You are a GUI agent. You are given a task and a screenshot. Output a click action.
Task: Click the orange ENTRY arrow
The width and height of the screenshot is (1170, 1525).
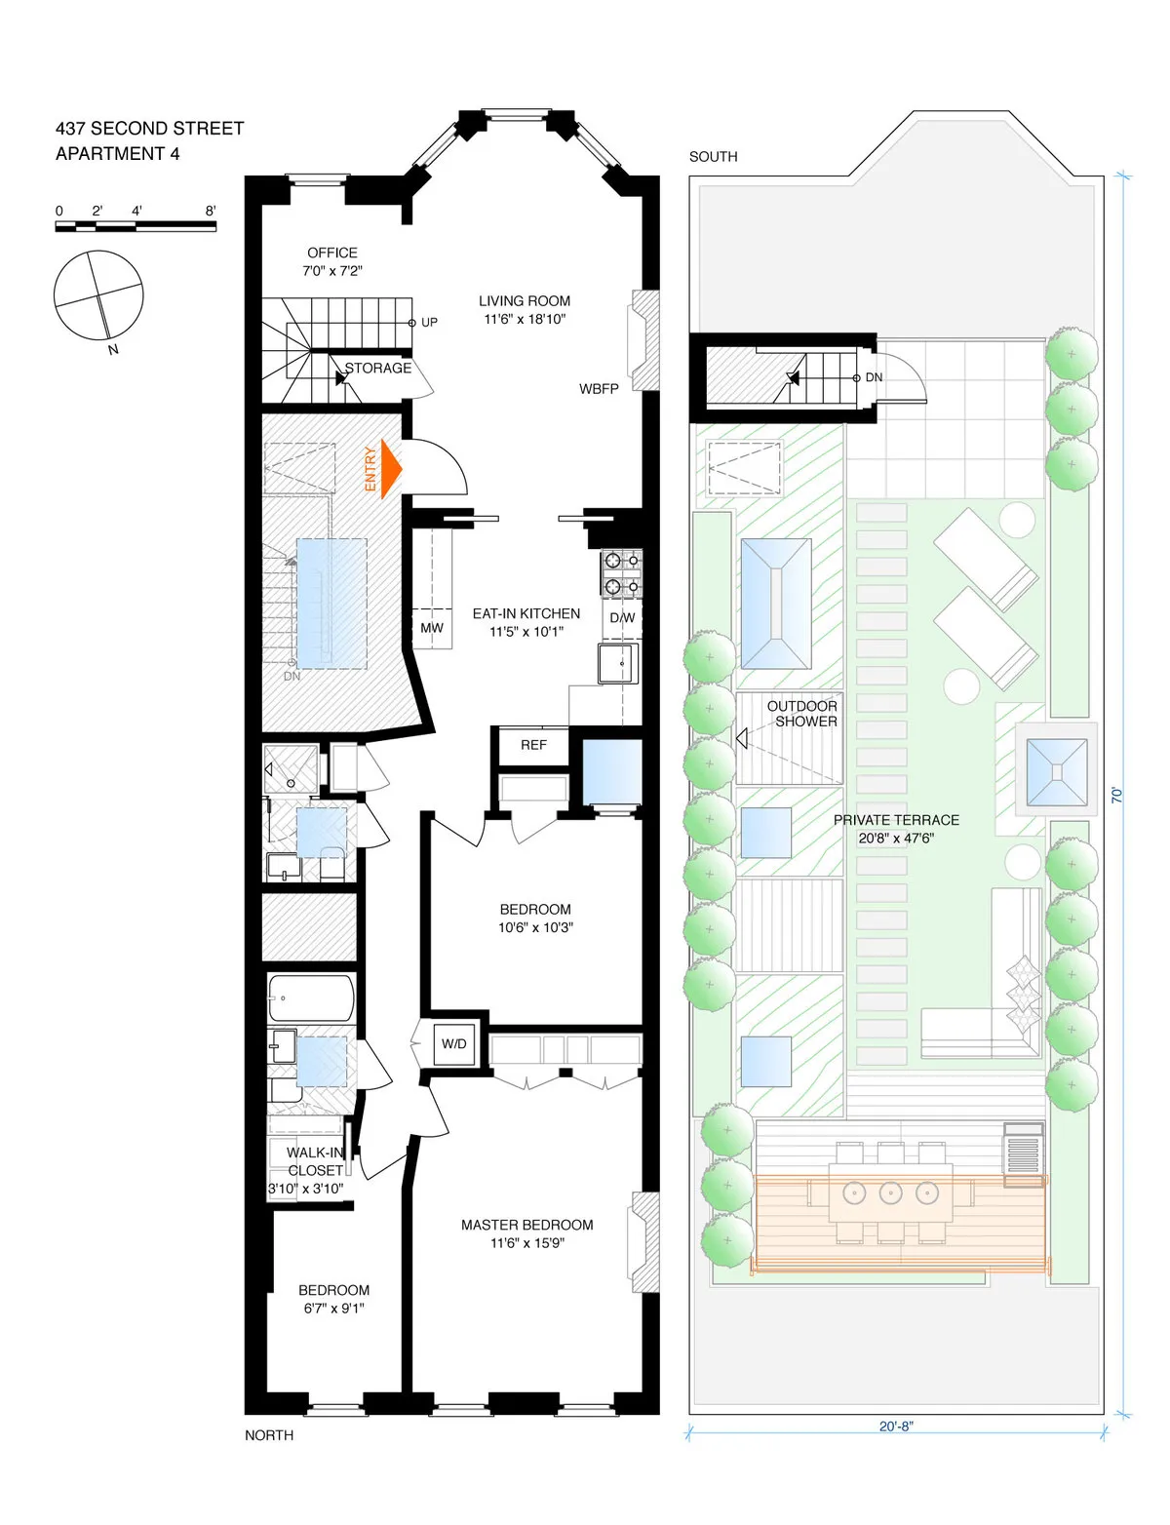[390, 469]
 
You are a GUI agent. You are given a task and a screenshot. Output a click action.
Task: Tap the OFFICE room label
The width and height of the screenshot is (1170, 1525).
[331, 253]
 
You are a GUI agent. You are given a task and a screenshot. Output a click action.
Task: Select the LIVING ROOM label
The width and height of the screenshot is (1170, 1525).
[525, 301]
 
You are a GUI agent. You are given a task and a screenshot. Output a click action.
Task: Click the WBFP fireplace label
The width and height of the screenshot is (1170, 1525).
[599, 388]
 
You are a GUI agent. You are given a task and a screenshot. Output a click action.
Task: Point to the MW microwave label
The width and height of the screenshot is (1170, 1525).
[431, 628]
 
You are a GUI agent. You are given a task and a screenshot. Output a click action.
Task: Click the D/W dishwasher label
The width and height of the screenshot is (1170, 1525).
[622, 618]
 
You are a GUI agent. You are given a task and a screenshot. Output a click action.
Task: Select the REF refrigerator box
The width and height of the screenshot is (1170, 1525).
[533, 745]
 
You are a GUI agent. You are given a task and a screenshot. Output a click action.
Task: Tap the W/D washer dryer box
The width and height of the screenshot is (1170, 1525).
[454, 1043]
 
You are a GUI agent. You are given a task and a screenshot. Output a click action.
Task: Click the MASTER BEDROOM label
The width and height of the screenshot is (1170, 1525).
[526, 1225]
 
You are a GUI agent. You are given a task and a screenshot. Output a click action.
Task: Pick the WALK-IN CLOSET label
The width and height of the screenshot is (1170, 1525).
[315, 1161]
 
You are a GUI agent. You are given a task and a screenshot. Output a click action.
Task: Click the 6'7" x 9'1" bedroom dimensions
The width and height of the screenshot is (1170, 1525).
[333, 1309]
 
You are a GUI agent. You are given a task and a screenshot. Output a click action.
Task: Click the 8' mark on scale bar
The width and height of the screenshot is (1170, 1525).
[211, 211]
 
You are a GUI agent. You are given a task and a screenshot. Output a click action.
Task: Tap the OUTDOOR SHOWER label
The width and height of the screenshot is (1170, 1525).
[802, 714]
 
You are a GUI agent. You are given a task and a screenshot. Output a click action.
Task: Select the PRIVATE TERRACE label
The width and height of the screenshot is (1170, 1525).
[896, 820]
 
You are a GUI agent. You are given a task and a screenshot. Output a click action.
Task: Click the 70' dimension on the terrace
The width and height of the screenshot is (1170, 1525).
[1117, 795]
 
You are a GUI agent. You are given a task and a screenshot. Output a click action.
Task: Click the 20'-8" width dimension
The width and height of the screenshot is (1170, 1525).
[896, 1427]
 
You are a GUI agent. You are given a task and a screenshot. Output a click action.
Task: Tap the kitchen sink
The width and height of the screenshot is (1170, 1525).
[618, 664]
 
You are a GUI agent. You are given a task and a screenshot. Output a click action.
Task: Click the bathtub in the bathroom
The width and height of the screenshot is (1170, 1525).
[311, 997]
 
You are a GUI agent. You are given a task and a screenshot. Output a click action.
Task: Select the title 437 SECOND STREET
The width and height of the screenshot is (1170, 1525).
[149, 129]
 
